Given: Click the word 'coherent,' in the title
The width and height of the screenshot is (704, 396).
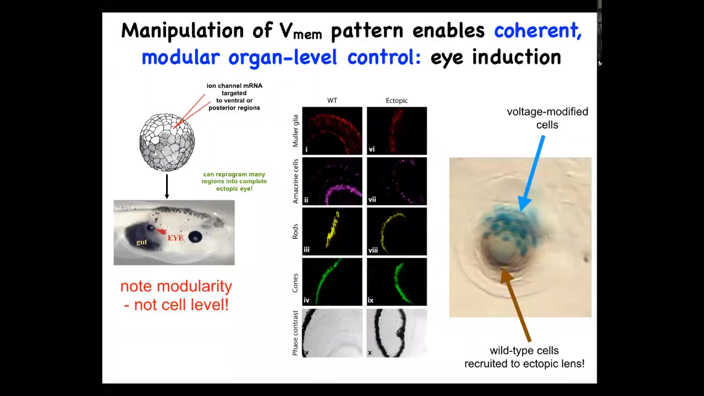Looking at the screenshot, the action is click(x=538, y=31).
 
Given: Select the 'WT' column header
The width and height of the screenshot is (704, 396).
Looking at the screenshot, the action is click(x=332, y=101).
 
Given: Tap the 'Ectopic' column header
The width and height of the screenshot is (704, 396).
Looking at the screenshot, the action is click(x=397, y=101).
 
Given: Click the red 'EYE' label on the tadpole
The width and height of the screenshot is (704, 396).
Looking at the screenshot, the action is click(x=175, y=238).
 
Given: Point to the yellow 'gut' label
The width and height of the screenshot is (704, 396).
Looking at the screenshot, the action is click(x=141, y=242).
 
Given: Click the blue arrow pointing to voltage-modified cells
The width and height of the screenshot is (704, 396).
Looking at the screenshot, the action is click(x=531, y=173).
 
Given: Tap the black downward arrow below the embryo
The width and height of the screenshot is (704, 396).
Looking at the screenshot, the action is click(x=167, y=186).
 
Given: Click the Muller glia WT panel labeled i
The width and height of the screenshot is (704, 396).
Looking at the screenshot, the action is click(x=332, y=131).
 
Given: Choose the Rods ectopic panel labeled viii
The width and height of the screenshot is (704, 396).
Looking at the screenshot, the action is click(x=397, y=232).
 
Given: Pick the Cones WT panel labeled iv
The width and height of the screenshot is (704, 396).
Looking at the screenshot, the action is click(x=332, y=282).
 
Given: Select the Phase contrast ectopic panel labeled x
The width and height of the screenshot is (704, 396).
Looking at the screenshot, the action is click(x=397, y=333).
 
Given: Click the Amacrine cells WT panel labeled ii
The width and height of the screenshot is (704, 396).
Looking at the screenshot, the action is click(x=332, y=181).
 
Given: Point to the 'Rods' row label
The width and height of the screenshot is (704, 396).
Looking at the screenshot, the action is click(x=295, y=232).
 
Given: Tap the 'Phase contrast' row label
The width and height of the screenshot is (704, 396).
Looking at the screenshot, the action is click(x=295, y=333).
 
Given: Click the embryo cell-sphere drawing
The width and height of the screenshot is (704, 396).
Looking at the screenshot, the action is click(x=167, y=142).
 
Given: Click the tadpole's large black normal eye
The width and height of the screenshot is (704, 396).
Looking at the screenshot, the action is click(x=195, y=237).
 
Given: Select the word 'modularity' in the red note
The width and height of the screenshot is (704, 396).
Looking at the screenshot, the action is click(x=195, y=287).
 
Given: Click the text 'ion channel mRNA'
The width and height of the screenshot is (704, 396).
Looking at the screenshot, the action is click(x=234, y=86).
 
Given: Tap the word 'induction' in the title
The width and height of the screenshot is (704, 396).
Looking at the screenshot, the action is click(x=516, y=57).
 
